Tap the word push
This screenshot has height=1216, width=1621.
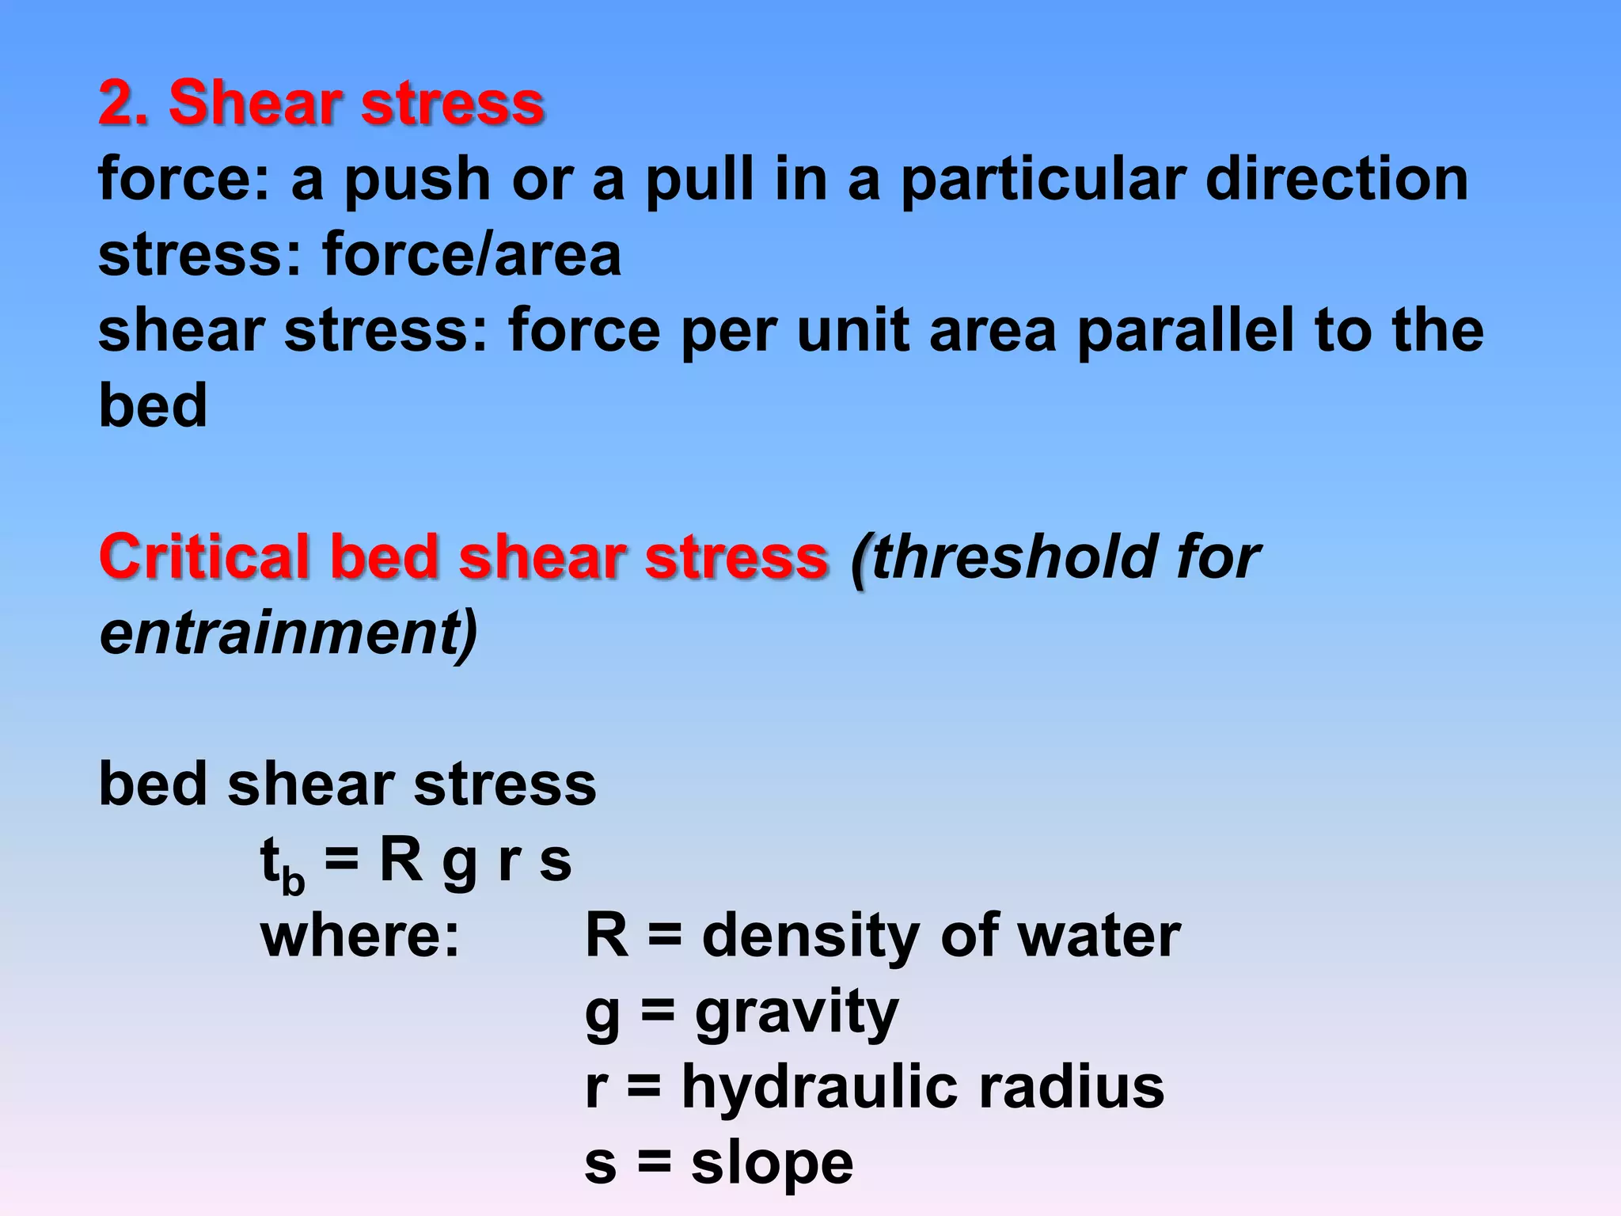pos(418,180)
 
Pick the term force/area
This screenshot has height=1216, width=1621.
pos(472,255)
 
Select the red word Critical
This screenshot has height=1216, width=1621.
pos(204,557)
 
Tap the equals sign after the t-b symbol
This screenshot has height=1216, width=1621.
pos(341,861)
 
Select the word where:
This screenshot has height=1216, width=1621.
pos(360,936)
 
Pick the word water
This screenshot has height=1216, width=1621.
pos(1098,936)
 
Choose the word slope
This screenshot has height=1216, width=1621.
pos(772,1164)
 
